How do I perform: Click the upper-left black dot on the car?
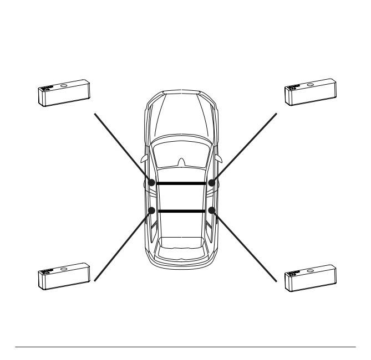(x=151, y=182)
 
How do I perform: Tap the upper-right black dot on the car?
(x=211, y=182)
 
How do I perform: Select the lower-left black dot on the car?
(x=151, y=210)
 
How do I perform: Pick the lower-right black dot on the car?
(x=211, y=210)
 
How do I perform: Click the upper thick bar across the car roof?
(x=181, y=183)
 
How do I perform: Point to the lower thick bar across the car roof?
(x=181, y=211)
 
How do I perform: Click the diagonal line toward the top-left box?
(x=122, y=147)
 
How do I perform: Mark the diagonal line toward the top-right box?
(x=244, y=147)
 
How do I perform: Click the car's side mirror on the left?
(x=144, y=160)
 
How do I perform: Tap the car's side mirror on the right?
(x=220, y=160)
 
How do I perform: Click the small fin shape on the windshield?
(x=181, y=162)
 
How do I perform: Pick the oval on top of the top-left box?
(x=63, y=86)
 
